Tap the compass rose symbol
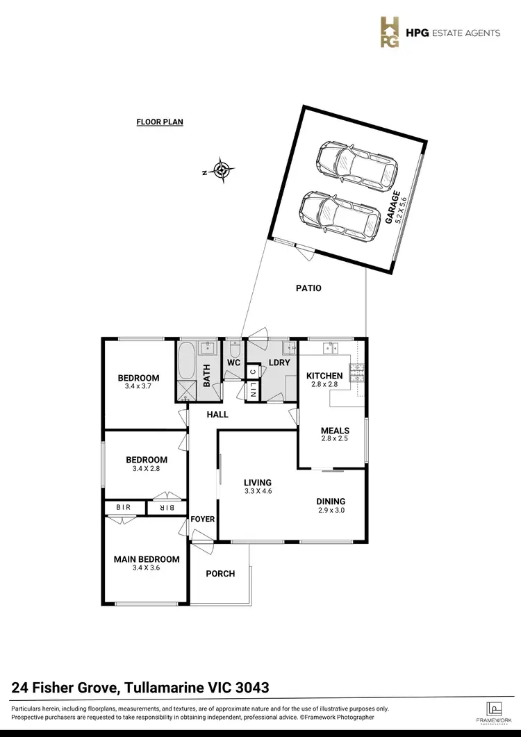[222, 170]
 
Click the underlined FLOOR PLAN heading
[159, 122]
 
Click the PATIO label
[308, 288]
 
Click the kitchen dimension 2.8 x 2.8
[324, 384]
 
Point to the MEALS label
[335, 431]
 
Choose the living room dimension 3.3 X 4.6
[257, 492]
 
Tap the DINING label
[331, 501]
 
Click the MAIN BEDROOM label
[147, 559]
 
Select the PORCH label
[220, 574]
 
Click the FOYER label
[203, 519]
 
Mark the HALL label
[217, 415]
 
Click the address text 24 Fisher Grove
[66, 688]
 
